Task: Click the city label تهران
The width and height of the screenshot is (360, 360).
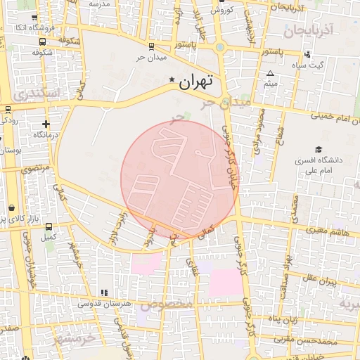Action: click(x=195, y=82)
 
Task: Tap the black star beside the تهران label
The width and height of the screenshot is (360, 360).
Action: click(x=173, y=80)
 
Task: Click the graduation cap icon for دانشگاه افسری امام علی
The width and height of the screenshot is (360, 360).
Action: click(x=319, y=149)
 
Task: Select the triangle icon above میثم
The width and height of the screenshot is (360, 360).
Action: click(x=271, y=73)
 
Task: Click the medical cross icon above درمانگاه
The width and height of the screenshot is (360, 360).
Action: click(x=46, y=124)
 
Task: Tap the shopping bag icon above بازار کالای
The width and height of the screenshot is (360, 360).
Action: click(x=12, y=208)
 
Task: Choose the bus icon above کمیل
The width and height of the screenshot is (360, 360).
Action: click(x=49, y=227)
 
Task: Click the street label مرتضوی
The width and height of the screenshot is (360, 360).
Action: click(x=34, y=169)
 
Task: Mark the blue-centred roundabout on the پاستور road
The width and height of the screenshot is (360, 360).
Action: click(x=220, y=48)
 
